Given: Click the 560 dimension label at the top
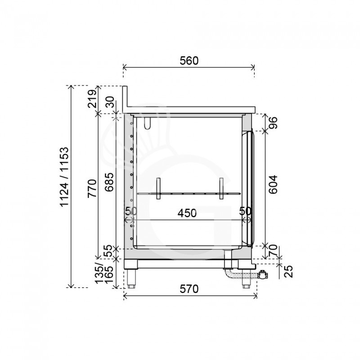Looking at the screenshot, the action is tap(189, 61).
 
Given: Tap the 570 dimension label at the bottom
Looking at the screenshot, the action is tap(189, 289).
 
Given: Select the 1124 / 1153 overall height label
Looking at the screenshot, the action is tap(64, 177).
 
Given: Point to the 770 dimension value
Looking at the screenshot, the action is tap(92, 189).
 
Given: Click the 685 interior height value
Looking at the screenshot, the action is tap(109, 182).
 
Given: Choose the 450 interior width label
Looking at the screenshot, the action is tap(187, 213).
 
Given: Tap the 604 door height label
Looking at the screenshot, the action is tap(273, 184).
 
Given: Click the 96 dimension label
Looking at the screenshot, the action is tap(273, 123).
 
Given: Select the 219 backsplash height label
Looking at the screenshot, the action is tap(92, 99).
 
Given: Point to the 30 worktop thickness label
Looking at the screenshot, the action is tap(110, 102).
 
